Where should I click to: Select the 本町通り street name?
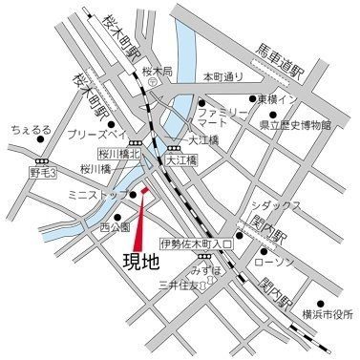coord(222,76)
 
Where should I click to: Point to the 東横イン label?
coord(283,98)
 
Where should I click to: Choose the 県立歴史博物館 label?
coord(294,124)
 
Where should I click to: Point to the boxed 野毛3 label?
coord(43,173)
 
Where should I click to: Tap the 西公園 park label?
coord(114,228)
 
